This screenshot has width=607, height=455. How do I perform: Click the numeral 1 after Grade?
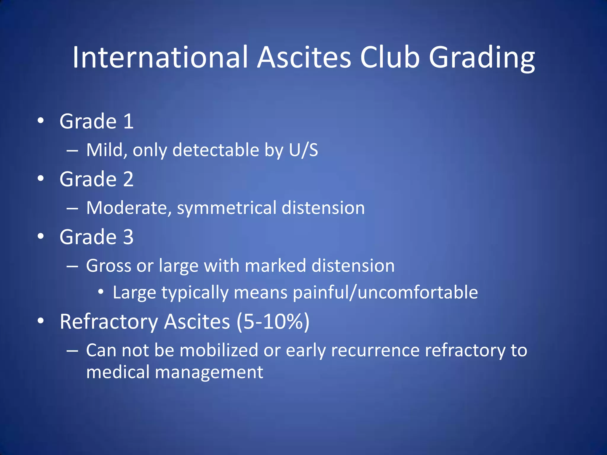pyautogui.click(x=129, y=121)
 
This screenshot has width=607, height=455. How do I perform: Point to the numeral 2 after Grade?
pyautogui.click(x=128, y=179)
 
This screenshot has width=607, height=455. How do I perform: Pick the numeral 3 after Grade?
pyautogui.click(x=128, y=237)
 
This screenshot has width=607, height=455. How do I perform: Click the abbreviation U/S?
pyautogui.click(x=303, y=150)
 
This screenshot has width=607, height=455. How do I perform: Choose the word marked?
pyautogui.click(x=275, y=265)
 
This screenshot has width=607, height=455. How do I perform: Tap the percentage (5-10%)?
pyautogui.click(x=273, y=322)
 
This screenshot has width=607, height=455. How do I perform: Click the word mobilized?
pyautogui.click(x=219, y=350)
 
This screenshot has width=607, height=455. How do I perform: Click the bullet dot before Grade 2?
pyautogui.click(x=41, y=178)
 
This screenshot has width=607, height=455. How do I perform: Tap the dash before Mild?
pyautogui.click(x=72, y=150)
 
